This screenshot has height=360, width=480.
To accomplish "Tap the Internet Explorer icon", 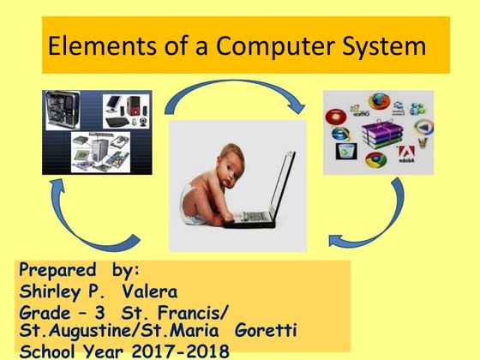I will point(340,135).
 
